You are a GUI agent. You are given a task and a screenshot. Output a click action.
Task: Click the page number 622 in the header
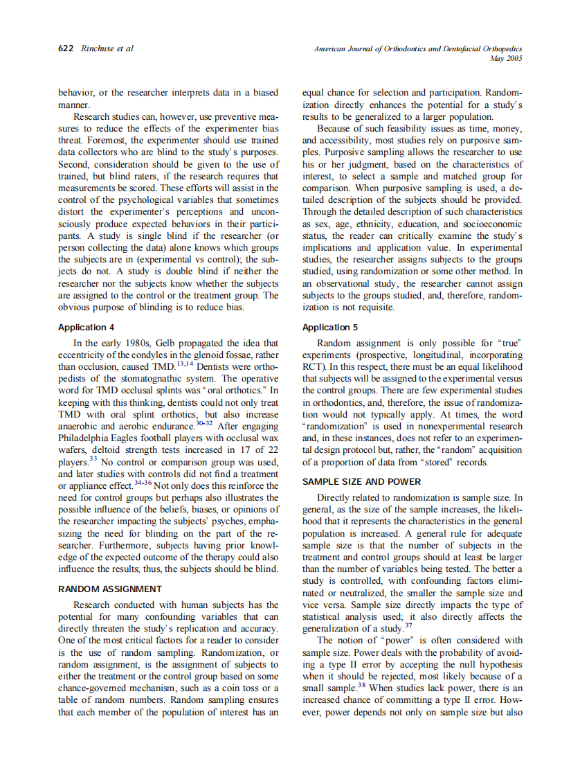coord(67,48)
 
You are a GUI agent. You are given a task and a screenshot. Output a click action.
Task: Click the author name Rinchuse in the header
coord(99,48)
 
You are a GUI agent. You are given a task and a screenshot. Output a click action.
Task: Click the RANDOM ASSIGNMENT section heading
coord(110,589)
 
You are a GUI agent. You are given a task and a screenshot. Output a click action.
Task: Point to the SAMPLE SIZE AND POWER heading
coord(361,482)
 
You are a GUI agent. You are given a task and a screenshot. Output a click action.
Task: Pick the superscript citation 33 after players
coord(93,458)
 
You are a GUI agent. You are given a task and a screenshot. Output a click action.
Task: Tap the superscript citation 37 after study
coord(408,625)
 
